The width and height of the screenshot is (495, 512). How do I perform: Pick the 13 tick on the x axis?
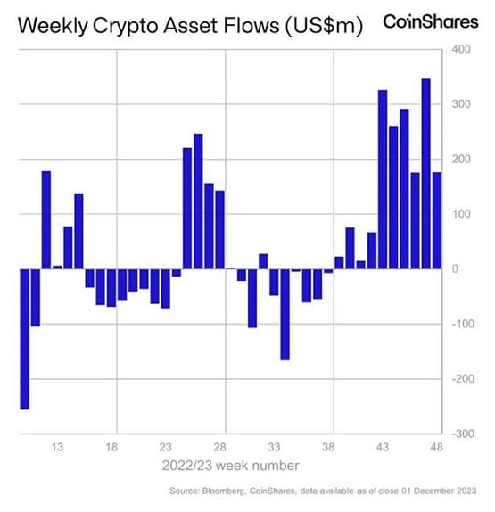click(57, 446)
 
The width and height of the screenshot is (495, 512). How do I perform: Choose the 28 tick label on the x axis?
click(220, 446)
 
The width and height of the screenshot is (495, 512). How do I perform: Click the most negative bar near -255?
click(25, 339)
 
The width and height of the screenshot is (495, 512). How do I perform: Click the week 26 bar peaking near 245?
click(198, 202)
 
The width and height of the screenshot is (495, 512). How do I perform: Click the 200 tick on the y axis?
click(459, 159)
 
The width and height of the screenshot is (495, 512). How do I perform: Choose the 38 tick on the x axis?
click(328, 446)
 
